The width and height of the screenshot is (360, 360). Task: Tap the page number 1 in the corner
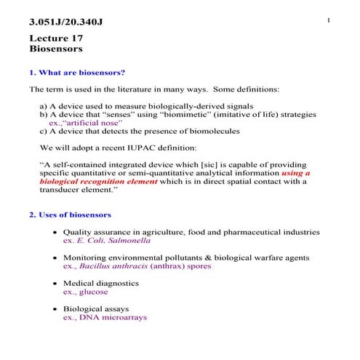click(329, 19)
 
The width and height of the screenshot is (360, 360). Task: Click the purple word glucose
click(94, 292)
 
